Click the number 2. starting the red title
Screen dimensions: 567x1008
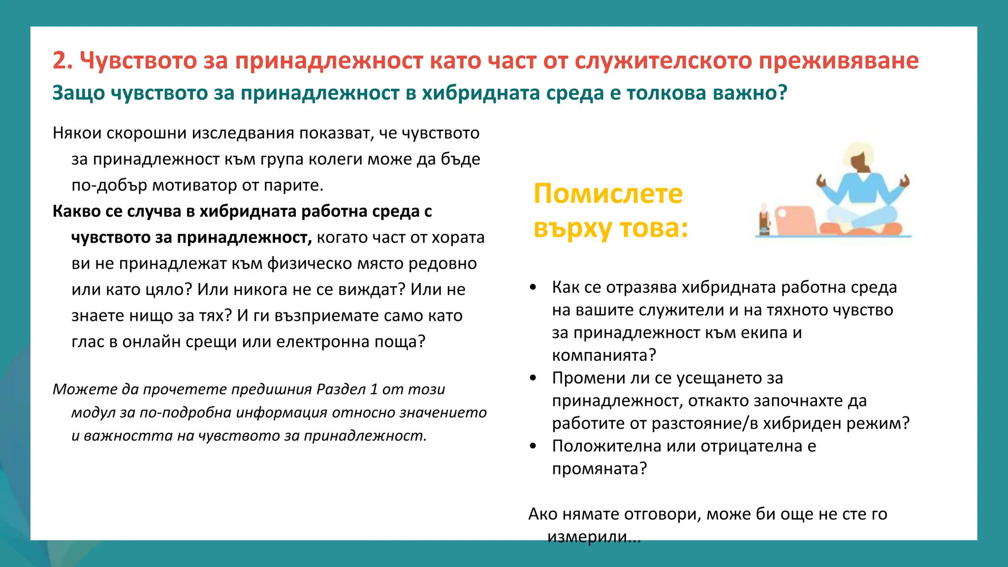coord(63,61)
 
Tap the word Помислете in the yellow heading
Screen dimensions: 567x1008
coord(608,193)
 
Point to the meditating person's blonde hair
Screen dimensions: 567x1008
coord(858,153)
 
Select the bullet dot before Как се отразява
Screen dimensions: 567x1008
coord(533,287)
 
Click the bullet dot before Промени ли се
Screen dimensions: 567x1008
coord(533,378)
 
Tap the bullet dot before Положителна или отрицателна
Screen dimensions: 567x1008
coord(533,446)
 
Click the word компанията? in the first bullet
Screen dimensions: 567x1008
coord(604,355)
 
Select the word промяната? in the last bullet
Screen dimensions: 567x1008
coord(599,469)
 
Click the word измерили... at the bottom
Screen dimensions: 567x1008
coord(594,536)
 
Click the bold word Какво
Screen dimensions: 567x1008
coord(76,211)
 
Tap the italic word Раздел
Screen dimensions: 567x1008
coord(340,389)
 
